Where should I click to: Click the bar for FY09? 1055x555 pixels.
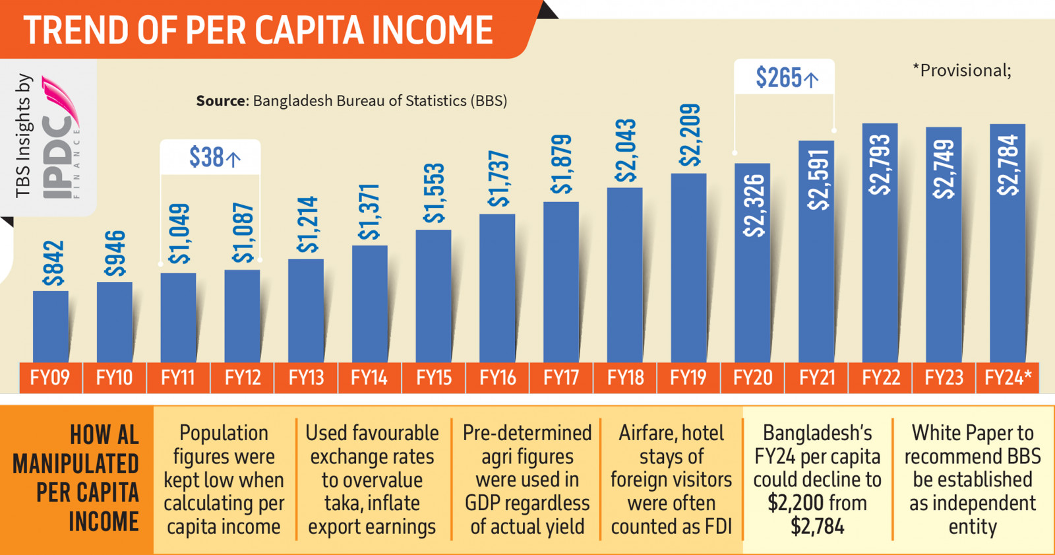click(51, 326)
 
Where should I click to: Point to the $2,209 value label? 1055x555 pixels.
click(690, 135)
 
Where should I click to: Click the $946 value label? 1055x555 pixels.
click(115, 253)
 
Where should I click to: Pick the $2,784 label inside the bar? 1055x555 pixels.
click(1008, 165)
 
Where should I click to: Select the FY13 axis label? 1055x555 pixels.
click(306, 378)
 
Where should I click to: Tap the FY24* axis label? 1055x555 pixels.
click(1008, 378)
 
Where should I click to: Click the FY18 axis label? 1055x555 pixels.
click(625, 378)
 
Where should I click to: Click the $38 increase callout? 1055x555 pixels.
click(210, 158)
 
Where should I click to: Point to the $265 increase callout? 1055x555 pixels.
click(784, 78)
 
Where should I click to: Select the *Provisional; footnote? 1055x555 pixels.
click(961, 71)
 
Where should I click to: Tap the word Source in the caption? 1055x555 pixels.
click(221, 101)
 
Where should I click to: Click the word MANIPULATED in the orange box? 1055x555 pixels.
click(76, 464)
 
